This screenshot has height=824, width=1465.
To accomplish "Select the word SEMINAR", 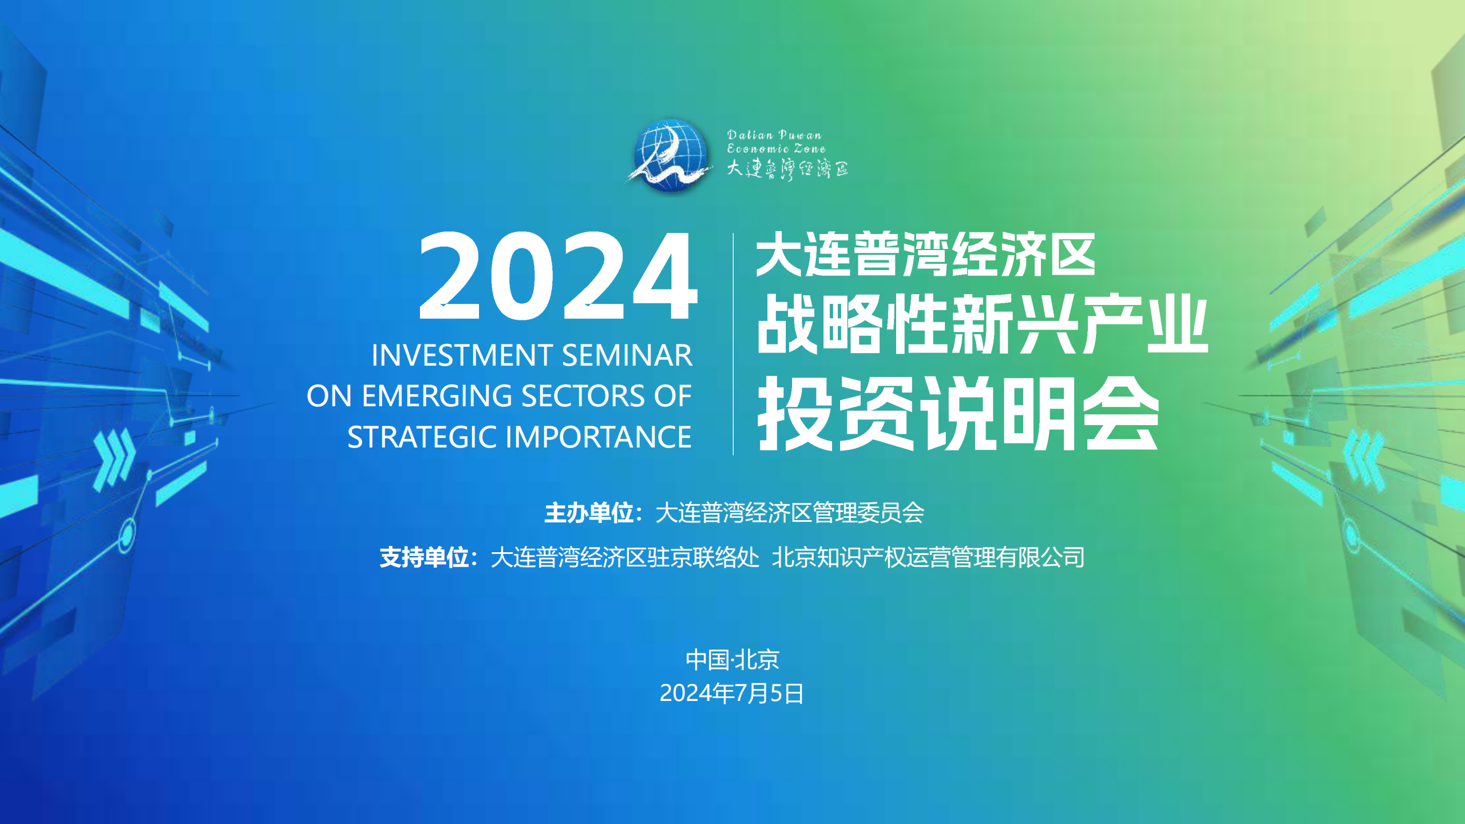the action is [627, 355].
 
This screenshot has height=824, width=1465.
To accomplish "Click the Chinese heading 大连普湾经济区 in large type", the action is [925, 255].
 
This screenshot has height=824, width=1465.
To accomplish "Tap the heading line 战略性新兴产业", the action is [982, 324].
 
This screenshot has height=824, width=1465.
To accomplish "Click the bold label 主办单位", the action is [588, 513].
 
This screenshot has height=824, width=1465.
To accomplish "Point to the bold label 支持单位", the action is [424, 557].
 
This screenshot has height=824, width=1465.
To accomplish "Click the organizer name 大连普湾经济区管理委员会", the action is [790, 513].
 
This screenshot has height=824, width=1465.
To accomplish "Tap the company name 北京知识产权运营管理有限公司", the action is [928, 557].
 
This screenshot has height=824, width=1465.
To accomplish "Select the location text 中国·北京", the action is [732, 660].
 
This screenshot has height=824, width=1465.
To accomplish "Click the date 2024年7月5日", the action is [732, 694].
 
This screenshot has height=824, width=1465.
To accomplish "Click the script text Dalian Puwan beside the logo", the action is [774, 135].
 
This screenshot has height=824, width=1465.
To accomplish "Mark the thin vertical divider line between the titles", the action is [733, 344].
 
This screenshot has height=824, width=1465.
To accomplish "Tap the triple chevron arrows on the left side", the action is [114, 461].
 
